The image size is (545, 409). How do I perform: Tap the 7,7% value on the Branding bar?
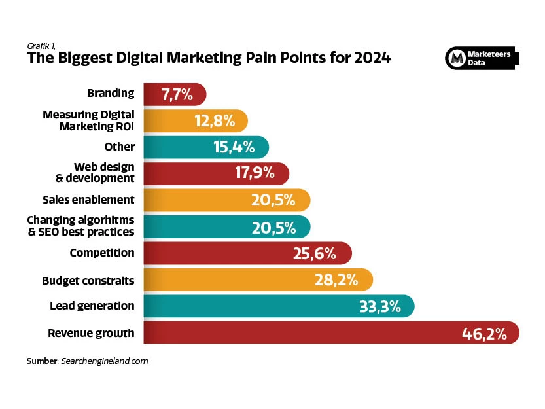(177, 95)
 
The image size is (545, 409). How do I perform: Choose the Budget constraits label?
(88, 281)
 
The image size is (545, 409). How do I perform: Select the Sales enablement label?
(88, 200)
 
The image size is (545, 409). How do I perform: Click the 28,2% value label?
(336, 281)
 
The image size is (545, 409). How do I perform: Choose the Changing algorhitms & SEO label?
(80, 226)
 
